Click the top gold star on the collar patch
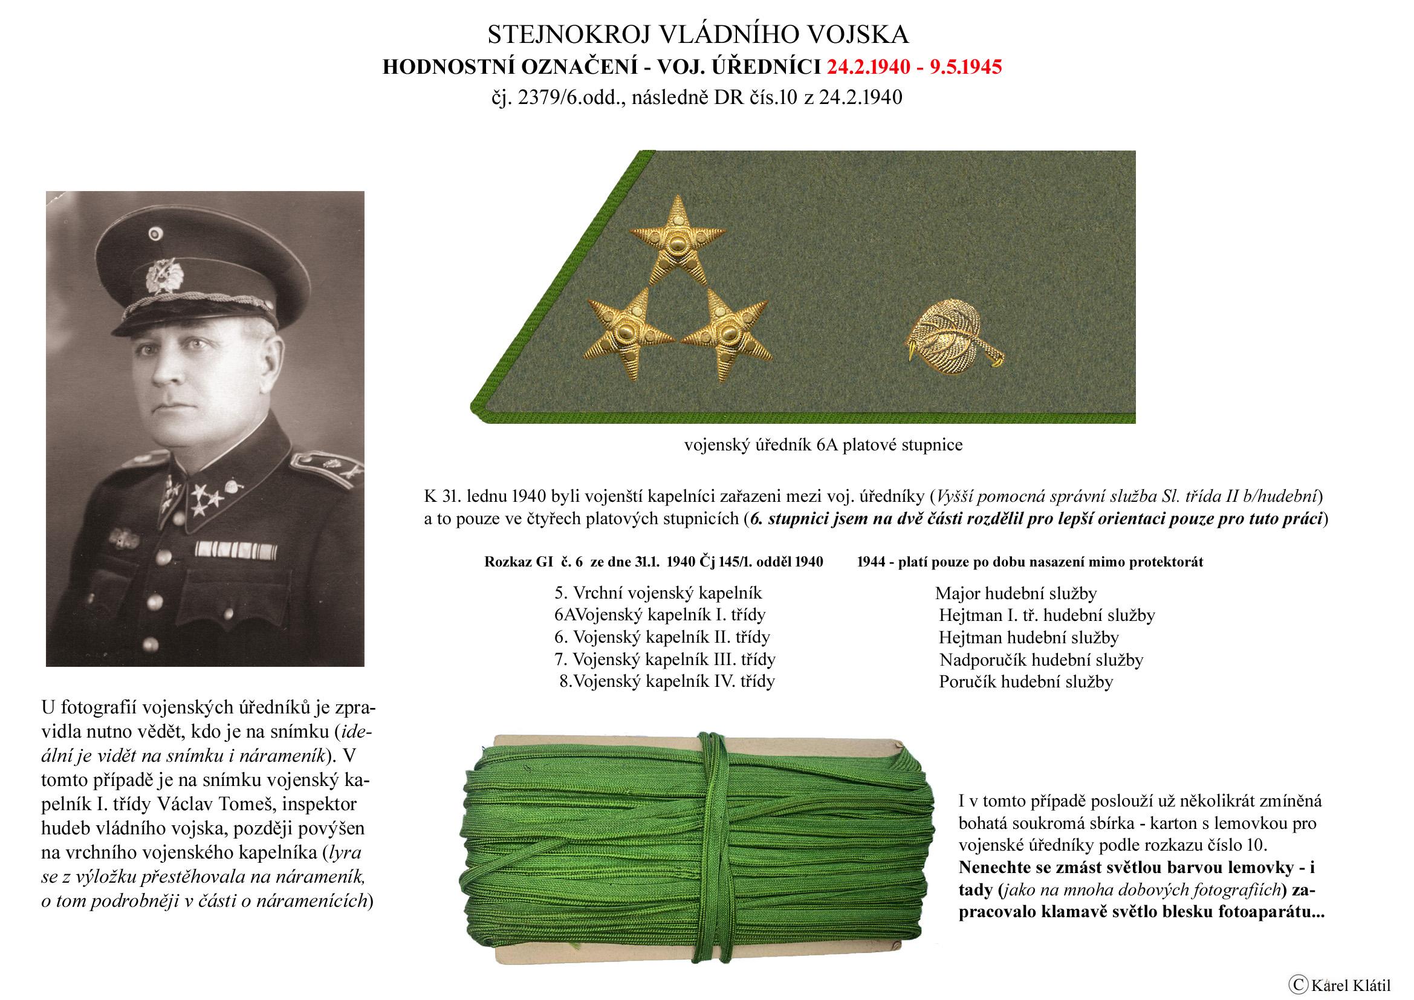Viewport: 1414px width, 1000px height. pyautogui.click(x=677, y=242)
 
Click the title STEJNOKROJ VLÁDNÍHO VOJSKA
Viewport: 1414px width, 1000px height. pyautogui.click(x=698, y=35)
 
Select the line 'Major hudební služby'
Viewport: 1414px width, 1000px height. pyautogui.click(x=1016, y=594)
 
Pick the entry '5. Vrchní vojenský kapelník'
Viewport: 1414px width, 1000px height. pyautogui.click(x=658, y=593)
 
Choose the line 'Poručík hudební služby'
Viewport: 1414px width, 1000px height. pyautogui.click(x=1025, y=681)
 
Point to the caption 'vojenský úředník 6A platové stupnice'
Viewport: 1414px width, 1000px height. pyautogui.click(x=823, y=444)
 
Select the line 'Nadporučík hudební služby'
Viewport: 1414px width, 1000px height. pyautogui.click(x=1041, y=660)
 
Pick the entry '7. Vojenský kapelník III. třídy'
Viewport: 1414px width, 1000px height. pyautogui.click(x=664, y=659)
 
